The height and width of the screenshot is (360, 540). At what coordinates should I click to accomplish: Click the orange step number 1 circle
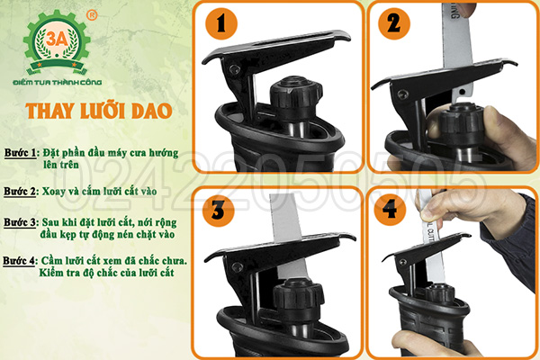(221, 23)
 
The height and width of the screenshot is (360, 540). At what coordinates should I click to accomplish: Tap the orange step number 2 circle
(394, 23)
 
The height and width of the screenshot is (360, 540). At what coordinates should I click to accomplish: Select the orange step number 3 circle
(218, 210)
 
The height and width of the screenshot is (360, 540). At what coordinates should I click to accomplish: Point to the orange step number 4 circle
(390, 210)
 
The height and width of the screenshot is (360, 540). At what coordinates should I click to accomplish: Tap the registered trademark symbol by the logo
(92, 15)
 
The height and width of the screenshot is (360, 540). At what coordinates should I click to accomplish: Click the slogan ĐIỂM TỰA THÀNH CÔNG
(58, 82)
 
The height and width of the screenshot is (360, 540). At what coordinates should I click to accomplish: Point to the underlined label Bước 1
(21, 153)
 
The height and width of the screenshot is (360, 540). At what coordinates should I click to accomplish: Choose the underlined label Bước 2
(20, 192)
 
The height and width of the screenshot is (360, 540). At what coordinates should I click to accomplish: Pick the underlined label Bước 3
(20, 222)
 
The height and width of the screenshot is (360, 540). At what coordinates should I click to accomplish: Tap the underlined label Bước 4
(19, 261)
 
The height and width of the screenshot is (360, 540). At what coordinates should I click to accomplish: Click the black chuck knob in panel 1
(295, 99)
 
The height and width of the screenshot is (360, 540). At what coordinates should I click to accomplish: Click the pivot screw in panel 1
(234, 69)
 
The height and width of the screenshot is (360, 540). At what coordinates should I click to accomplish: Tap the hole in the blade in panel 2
(462, 92)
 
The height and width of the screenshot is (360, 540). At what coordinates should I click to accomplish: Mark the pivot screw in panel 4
(400, 262)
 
